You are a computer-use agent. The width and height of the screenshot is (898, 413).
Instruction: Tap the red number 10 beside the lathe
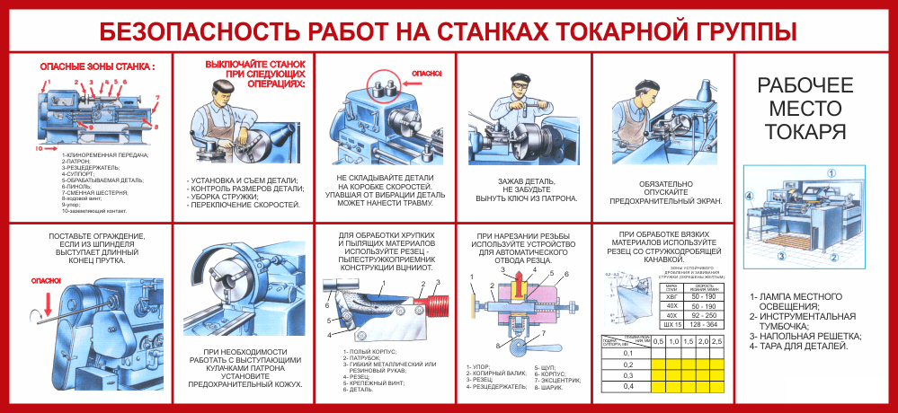pos(39,147)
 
